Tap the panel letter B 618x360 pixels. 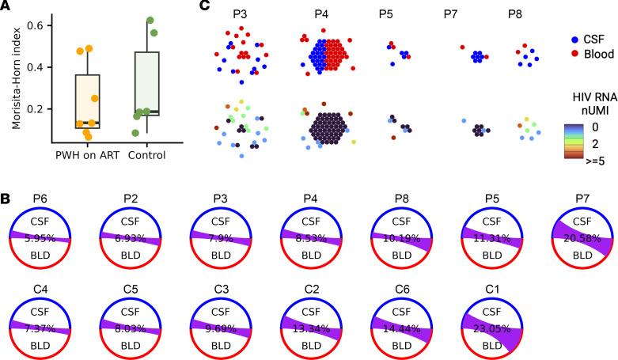(6, 192)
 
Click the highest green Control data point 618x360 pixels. (150, 20)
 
